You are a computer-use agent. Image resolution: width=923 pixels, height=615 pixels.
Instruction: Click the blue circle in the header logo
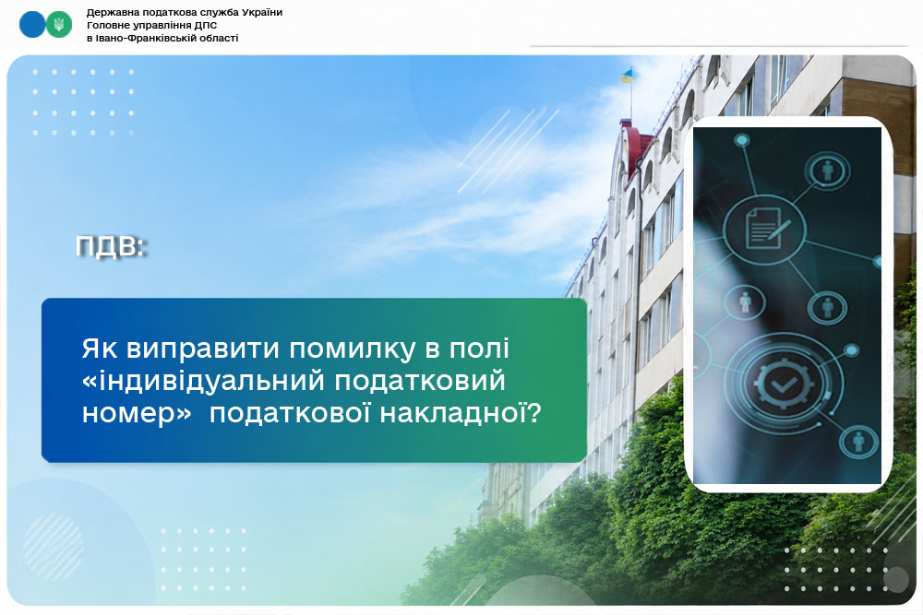click(32, 25)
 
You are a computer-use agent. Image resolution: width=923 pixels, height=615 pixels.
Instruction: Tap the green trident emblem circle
click(59, 25)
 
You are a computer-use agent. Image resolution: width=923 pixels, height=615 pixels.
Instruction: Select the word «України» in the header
click(262, 12)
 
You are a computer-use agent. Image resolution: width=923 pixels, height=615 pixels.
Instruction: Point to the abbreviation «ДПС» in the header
click(206, 25)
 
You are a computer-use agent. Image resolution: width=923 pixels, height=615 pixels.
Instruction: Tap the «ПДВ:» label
click(111, 247)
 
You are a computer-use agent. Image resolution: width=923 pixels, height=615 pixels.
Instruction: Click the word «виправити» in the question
click(202, 349)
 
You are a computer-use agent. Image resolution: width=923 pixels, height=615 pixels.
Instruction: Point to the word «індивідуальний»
click(204, 381)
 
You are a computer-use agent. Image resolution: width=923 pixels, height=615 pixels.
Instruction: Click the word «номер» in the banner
click(137, 414)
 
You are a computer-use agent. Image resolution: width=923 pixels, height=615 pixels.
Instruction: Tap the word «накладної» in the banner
click(460, 413)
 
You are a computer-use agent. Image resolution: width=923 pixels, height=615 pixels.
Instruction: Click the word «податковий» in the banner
click(420, 382)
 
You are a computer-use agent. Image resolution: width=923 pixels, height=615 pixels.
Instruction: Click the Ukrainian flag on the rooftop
click(627, 76)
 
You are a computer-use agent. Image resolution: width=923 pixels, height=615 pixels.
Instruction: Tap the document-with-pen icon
click(765, 229)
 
